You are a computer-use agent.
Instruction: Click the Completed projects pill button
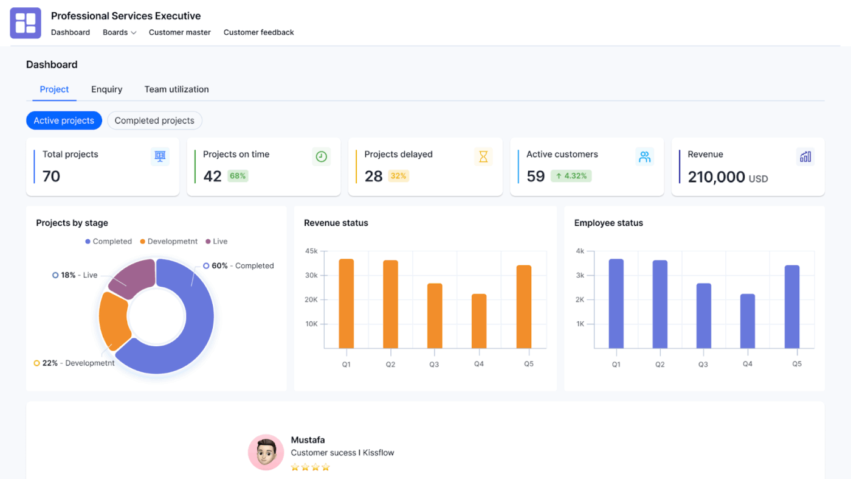(x=154, y=121)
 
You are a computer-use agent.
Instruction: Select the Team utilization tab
(x=176, y=89)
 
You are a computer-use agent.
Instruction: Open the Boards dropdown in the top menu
(x=119, y=32)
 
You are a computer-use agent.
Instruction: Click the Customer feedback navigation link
(x=258, y=32)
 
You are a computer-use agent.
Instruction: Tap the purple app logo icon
(x=26, y=23)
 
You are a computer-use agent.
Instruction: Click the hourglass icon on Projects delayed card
(x=483, y=157)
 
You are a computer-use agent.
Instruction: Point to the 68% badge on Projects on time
(x=238, y=176)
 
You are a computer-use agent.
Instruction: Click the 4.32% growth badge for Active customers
(x=571, y=176)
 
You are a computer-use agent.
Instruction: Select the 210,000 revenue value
(x=716, y=177)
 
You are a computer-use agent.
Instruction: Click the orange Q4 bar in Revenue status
(x=479, y=321)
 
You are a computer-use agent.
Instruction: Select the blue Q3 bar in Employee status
(x=703, y=315)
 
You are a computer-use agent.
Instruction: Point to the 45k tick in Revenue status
(x=311, y=251)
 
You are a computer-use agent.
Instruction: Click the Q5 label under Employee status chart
(x=796, y=364)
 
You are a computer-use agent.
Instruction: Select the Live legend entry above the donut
(x=216, y=242)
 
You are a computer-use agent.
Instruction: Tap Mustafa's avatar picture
(x=266, y=452)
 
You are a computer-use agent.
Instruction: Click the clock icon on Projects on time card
(x=322, y=157)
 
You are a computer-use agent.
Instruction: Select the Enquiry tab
(x=107, y=89)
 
